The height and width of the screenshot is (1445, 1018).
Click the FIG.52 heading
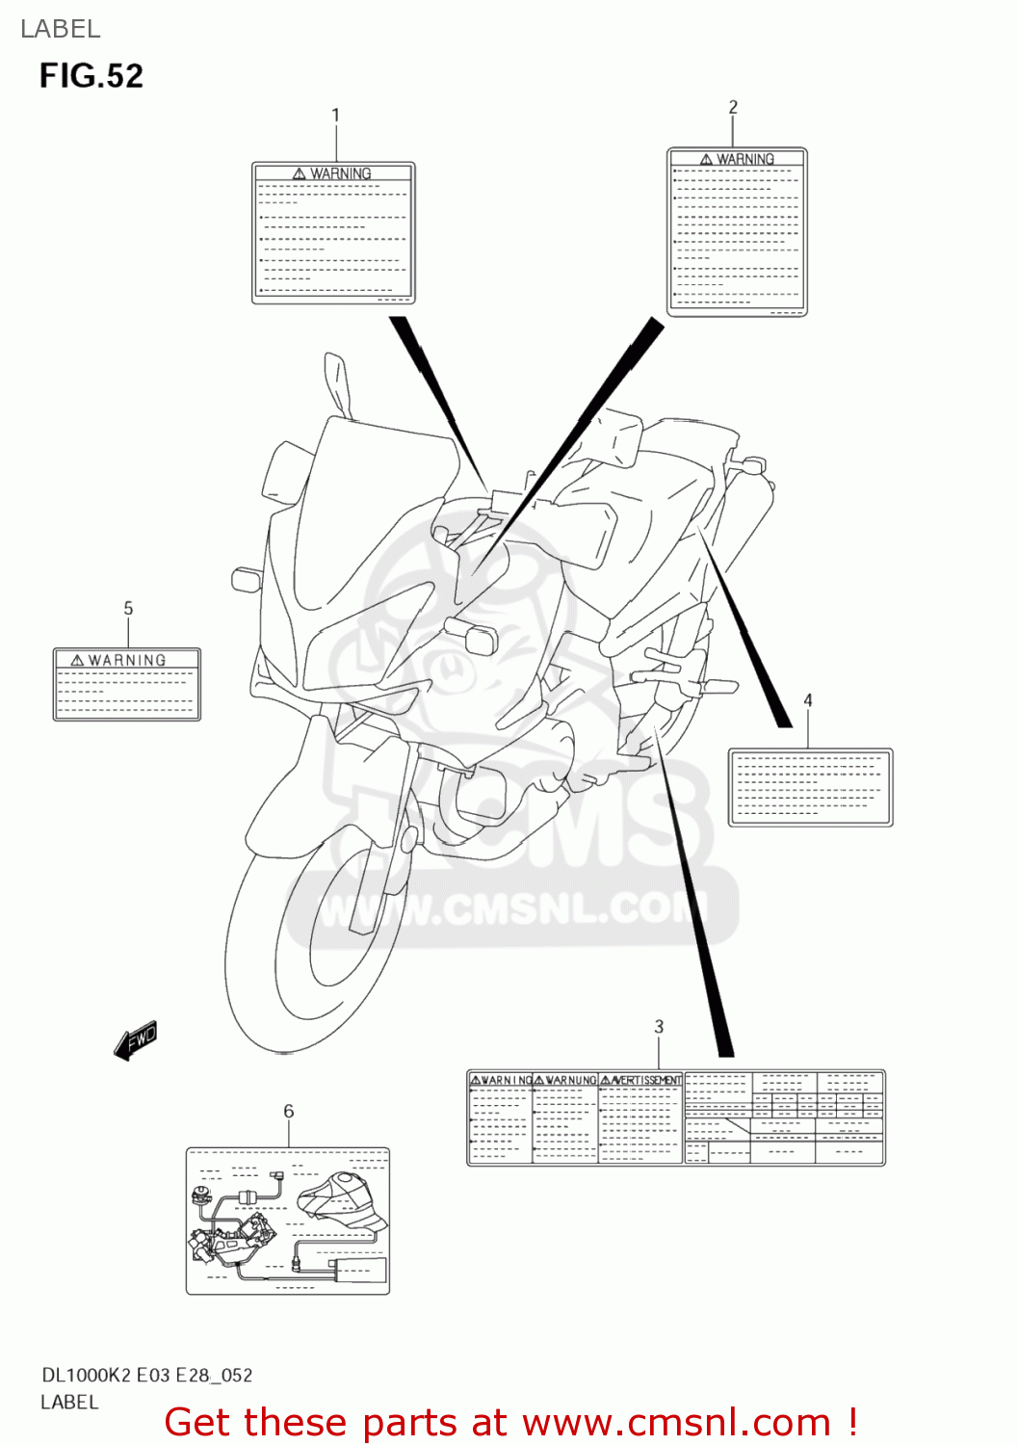(91, 76)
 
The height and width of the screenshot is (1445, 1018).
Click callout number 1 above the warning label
(335, 116)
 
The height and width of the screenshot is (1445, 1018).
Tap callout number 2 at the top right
(733, 107)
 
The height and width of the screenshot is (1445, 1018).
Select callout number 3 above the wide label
(659, 1027)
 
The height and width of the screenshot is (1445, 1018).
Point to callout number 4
(808, 700)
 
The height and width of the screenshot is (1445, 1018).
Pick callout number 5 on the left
(128, 609)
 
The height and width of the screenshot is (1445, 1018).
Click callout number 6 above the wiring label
(288, 1112)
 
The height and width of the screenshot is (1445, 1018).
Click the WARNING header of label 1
(333, 173)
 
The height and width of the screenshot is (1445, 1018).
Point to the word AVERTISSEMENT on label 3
(641, 1080)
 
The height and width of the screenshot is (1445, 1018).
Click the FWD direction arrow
(135, 1040)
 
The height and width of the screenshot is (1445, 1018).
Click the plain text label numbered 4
(810, 787)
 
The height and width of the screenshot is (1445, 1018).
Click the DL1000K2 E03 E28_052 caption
(146, 1376)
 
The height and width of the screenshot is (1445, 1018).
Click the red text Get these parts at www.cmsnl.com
(510, 1423)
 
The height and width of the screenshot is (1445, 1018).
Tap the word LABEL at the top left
(61, 29)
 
